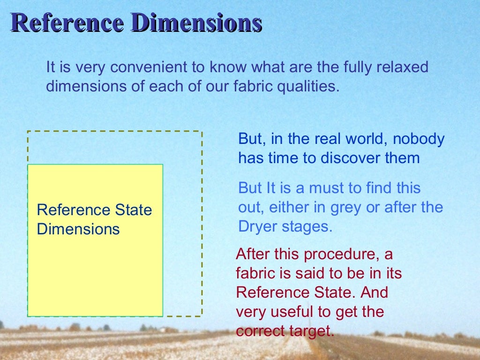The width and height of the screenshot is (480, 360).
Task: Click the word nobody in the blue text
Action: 419,139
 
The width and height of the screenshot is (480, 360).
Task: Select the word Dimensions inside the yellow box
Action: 78,229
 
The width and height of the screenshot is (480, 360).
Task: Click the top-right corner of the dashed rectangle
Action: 202,132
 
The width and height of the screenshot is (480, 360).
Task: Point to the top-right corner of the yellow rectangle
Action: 163,165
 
